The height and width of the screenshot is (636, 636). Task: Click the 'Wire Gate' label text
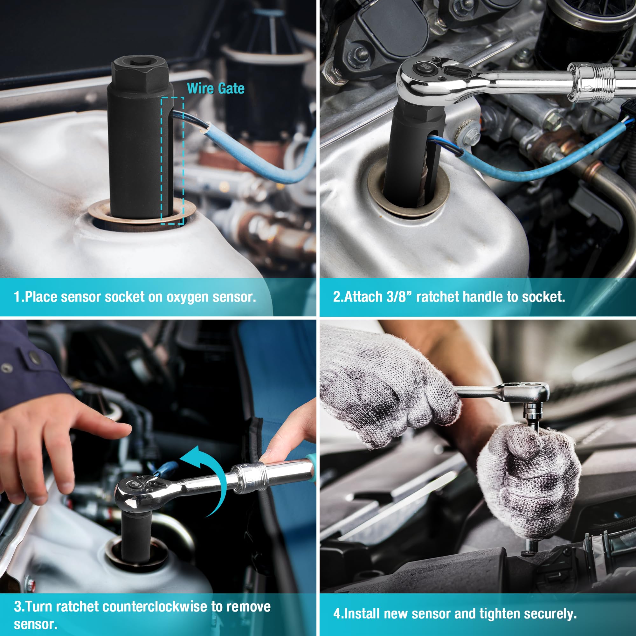point(216,88)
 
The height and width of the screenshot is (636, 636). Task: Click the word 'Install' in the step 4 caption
point(362,614)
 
